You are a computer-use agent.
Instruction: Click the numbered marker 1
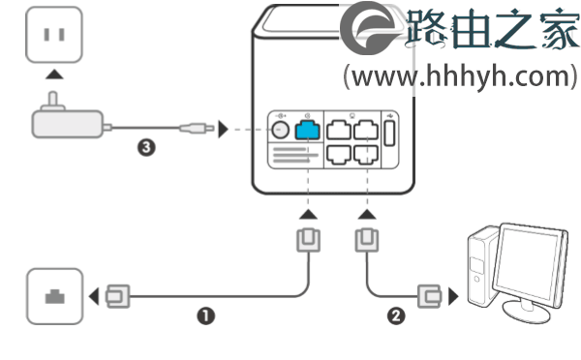pos(205,315)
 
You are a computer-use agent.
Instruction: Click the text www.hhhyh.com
pos(460,75)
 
